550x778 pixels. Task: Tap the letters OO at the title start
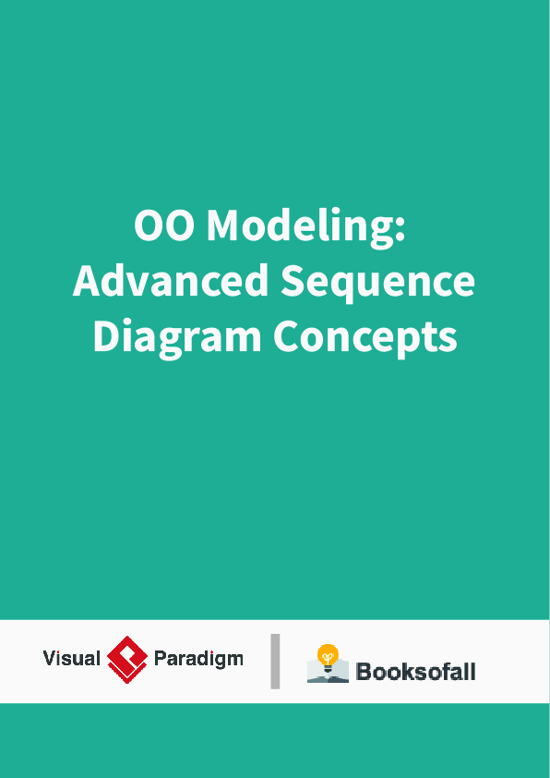pos(163,225)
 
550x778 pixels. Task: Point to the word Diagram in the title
pos(176,337)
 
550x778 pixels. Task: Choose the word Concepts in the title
pos(365,337)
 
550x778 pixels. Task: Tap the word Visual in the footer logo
pos(71,659)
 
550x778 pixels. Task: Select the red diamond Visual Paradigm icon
pos(127,659)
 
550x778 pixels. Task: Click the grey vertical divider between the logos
pos(275,661)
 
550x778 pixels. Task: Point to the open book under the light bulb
pos(328,674)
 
